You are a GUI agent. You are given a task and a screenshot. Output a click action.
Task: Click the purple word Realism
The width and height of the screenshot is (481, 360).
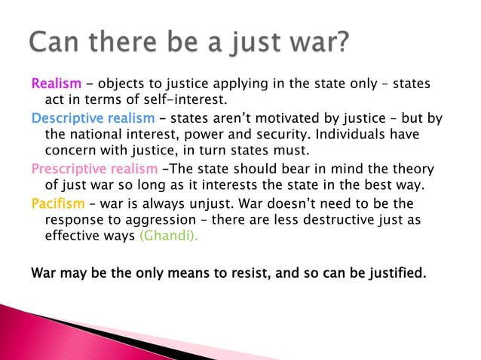tap(56, 83)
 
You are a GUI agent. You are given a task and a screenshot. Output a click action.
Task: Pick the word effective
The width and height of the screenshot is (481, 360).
tap(72, 236)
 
